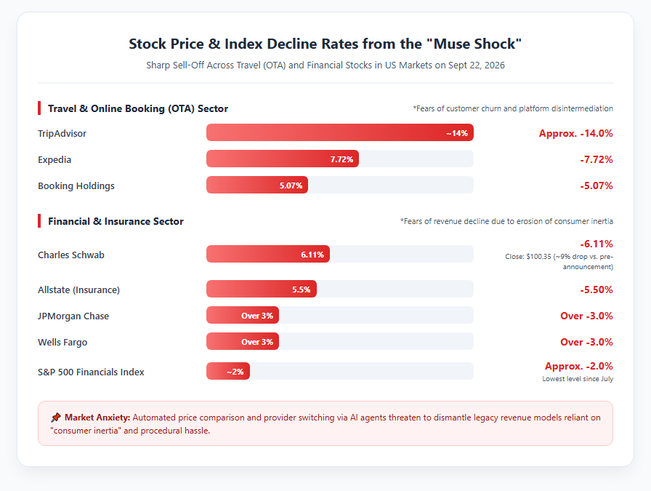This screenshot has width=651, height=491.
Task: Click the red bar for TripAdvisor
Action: point(339,132)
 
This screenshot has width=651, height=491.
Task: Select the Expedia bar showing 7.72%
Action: point(283,159)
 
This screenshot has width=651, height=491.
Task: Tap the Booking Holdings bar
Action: point(257,185)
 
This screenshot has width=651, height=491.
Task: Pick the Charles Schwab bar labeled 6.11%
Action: point(268,254)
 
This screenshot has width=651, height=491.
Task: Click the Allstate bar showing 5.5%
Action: point(261,289)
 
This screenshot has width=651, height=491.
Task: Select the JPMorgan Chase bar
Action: point(243,315)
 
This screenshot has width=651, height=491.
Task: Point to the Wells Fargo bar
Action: point(243,341)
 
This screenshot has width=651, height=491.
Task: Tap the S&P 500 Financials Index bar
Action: point(228,371)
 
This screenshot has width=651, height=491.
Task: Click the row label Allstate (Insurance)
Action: point(79,290)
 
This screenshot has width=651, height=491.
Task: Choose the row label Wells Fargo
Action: point(62,342)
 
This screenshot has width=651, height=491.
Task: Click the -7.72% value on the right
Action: point(597,159)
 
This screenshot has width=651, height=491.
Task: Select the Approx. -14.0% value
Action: point(576,133)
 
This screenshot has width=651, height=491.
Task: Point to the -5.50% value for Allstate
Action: point(597,290)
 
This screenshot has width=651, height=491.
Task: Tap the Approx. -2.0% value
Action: point(579,366)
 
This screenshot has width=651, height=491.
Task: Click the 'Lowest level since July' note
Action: point(578,379)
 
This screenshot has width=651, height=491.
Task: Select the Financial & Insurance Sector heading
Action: point(116,221)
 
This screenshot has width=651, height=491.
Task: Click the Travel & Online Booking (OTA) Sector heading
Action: point(138,108)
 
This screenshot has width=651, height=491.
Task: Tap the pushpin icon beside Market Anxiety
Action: point(56,418)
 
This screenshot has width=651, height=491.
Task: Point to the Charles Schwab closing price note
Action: point(559,262)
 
